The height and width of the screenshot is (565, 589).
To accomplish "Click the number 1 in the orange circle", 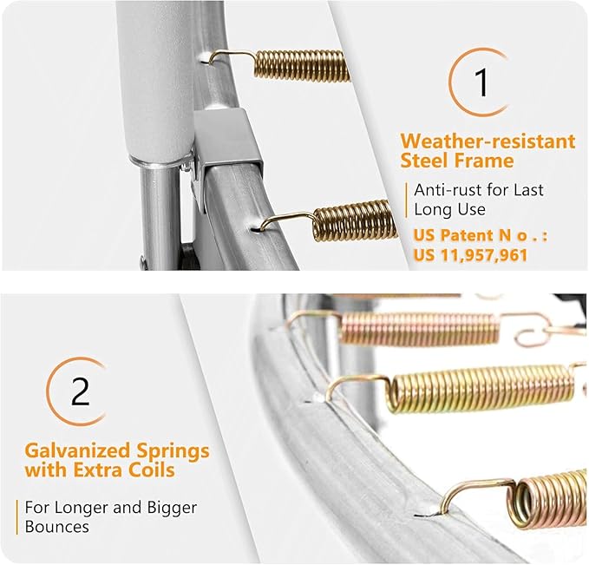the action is (x=481, y=82).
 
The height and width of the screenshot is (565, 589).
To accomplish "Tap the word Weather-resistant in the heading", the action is (x=488, y=141).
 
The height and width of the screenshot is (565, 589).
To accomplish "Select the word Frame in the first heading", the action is (x=484, y=161).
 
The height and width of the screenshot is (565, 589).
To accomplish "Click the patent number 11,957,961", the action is (x=484, y=256).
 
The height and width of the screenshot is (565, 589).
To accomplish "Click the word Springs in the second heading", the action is (x=173, y=451).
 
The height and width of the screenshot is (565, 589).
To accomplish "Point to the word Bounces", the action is (x=57, y=527).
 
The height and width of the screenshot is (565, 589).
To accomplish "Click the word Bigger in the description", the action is (x=172, y=509).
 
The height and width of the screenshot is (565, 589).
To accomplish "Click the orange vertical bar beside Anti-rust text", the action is (x=407, y=200).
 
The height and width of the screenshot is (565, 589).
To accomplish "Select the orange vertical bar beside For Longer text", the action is (x=17, y=517).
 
